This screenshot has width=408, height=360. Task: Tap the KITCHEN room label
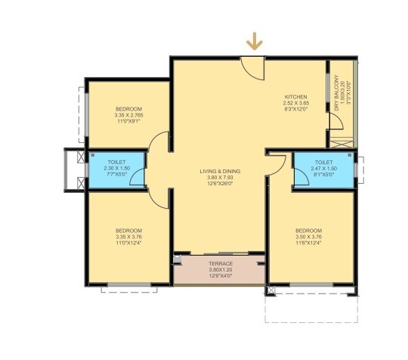[295, 98]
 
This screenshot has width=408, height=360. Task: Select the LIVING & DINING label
[220, 172]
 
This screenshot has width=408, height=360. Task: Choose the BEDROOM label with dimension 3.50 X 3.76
[308, 230]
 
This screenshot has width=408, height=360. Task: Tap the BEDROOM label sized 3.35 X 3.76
[127, 230]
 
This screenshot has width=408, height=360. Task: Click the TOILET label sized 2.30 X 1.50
[116, 162]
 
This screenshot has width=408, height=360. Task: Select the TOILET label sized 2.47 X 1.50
[324, 162]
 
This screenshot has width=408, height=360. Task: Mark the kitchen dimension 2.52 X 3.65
[295, 104]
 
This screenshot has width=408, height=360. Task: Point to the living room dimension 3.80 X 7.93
[220, 178]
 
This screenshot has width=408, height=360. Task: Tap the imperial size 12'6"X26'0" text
[220, 184]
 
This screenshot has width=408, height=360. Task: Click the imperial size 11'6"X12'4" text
[308, 242]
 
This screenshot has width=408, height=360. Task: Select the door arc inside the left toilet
[138, 178]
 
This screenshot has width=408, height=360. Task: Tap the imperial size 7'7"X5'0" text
[116, 174]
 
